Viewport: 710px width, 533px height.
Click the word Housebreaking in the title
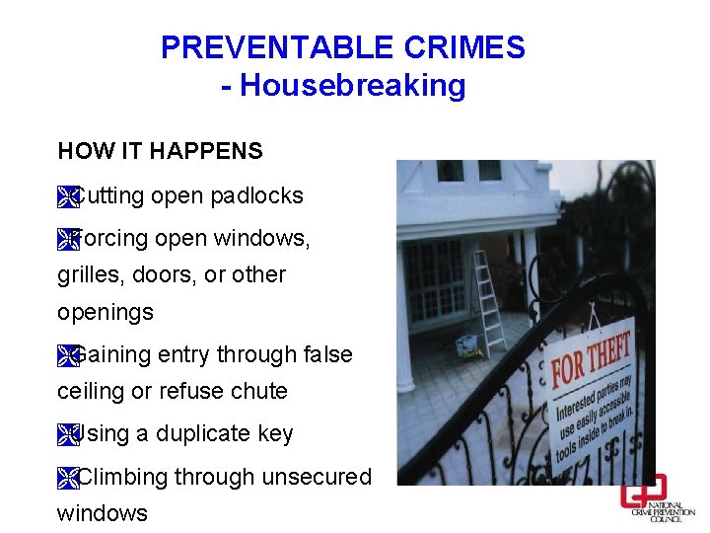point(353,86)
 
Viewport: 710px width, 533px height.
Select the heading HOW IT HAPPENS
point(160,151)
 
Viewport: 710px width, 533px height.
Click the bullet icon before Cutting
point(67,197)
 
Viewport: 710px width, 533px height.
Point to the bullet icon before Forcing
point(67,240)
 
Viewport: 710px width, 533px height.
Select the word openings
point(106,313)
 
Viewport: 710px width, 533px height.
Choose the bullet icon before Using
point(67,435)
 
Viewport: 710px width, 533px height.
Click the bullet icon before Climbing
point(67,479)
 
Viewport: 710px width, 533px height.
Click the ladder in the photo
point(487,301)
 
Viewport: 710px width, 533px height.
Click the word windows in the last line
point(103,513)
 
